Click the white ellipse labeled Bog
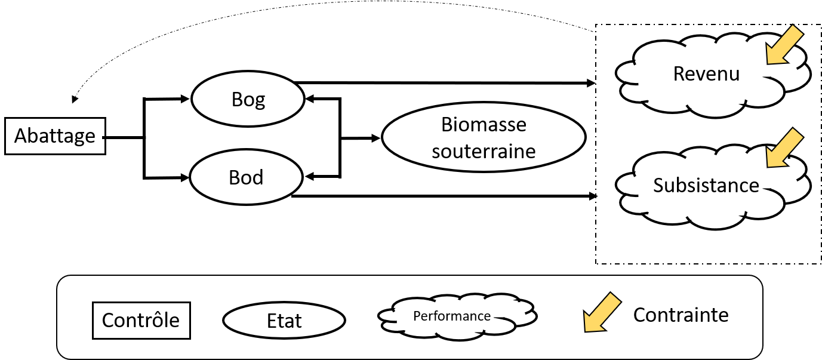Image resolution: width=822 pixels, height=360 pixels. pyautogui.click(x=248, y=99)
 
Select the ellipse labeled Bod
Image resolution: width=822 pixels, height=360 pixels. pyautogui.click(x=246, y=177)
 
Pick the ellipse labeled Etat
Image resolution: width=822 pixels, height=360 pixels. pyautogui.click(x=284, y=321)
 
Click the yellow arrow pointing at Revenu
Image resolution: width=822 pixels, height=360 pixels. pyautogui.click(x=783, y=45)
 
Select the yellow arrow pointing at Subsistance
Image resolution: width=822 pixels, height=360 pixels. pyautogui.click(x=783, y=147)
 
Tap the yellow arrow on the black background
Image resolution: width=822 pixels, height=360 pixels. pyautogui.click(x=602, y=312)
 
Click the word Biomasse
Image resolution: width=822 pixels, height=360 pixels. pyautogui.click(x=484, y=125)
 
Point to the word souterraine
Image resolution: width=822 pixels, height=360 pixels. pyautogui.click(x=484, y=151)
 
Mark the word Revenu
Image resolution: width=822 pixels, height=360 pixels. pyautogui.click(x=706, y=73)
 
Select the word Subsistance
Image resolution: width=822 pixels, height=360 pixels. pyautogui.click(x=706, y=185)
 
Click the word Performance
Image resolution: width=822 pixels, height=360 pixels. pyautogui.click(x=452, y=316)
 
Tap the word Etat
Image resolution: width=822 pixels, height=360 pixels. pyautogui.click(x=284, y=321)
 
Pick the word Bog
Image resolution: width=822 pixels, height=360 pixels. pyautogui.click(x=248, y=99)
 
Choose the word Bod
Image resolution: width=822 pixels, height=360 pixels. pyautogui.click(x=246, y=178)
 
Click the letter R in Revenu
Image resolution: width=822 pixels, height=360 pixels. pyautogui.click(x=679, y=73)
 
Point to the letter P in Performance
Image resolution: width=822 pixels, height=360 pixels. pyautogui.click(x=417, y=316)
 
